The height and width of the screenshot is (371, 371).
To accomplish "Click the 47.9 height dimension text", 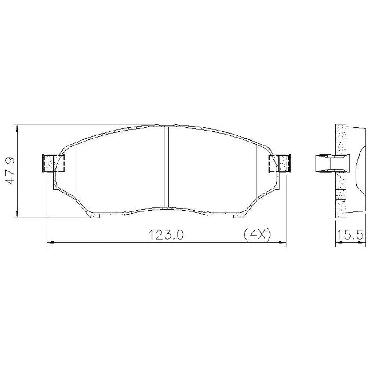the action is pyautogui.click(x=10, y=171).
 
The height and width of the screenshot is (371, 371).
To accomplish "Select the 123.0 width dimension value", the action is pyautogui.click(x=166, y=235).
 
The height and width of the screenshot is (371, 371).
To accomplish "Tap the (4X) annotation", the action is pyautogui.click(x=257, y=235).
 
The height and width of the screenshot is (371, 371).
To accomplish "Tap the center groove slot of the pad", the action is pyautogui.click(x=166, y=167).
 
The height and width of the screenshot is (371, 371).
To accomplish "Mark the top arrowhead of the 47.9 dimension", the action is pyautogui.click(x=17, y=128).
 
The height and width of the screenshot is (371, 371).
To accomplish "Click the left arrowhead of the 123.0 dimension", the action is pyautogui.click(x=51, y=243).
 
